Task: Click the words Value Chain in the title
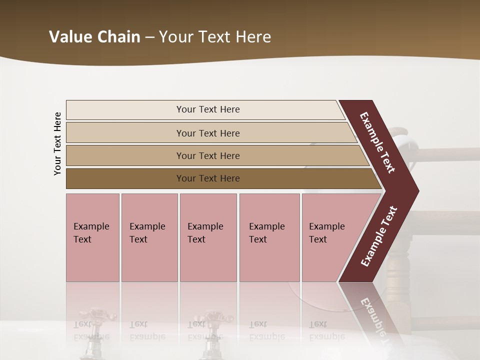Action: tap(94, 37)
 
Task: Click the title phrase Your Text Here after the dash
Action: tap(215, 37)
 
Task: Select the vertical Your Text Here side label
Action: tap(57, 143)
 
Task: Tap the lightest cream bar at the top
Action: tap(125, 110)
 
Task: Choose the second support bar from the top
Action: tap(125, 133)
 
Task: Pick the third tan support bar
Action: tap(125, 155)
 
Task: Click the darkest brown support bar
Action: tap(125, 178)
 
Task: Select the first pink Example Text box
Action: tap(92, 237)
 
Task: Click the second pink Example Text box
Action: tap(149, 237)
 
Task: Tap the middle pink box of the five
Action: tap(208, 237)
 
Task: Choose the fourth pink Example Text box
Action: tap(269, 237)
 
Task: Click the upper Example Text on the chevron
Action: tap(377, 142)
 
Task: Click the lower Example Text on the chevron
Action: tap(379, 236)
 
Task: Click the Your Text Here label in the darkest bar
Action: tap(208, 178)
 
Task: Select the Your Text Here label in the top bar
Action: tap(208, 109)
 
